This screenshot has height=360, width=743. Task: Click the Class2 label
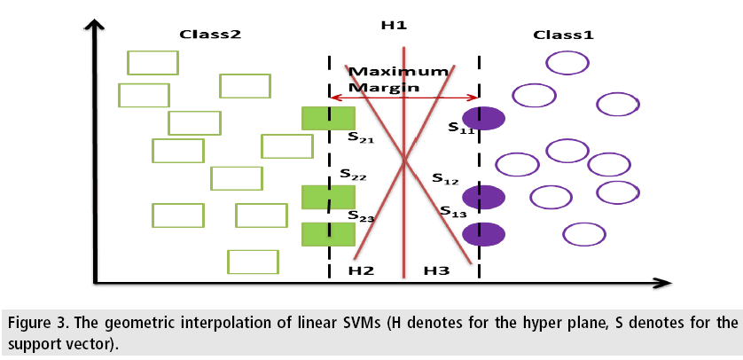[x=210, y=35]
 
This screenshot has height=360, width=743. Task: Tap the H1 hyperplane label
[x=394, y=25]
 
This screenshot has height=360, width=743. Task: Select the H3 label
[x=436, y=270]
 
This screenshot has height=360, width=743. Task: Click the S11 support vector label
[x=461, y=128]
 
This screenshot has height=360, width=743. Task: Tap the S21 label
[x=359, y=138]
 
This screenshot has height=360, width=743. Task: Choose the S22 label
[x=353, y=176]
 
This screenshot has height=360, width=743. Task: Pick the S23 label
[x=360, y=215]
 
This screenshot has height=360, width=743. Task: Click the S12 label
[x=445, y=178]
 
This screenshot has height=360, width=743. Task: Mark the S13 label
[x=453, y=211]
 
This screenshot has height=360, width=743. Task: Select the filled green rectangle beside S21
[x=328, y=118]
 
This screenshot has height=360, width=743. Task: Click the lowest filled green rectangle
[x=328, y=234]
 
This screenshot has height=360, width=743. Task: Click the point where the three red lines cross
[x=405, y=160]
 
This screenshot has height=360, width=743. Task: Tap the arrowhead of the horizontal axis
[x=663, y=284]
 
